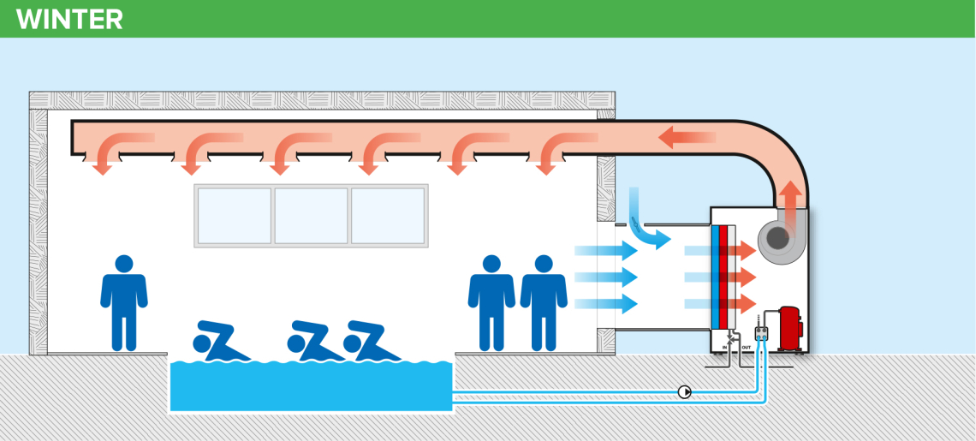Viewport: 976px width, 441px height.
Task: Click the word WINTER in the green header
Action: [x=69, y=19]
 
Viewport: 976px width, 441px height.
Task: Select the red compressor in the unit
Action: [x=789, y=327]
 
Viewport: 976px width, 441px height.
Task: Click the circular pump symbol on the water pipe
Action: [x=685, y=392]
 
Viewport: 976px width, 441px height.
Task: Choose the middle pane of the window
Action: [x=311, y=216]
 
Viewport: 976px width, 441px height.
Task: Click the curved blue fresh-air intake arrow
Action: [x=646, y=223]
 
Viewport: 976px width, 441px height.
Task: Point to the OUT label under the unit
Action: [x=747, y=347]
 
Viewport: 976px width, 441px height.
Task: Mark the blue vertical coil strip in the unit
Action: [x=715, y=277]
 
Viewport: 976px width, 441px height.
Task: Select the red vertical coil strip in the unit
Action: [x=724, y=277]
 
